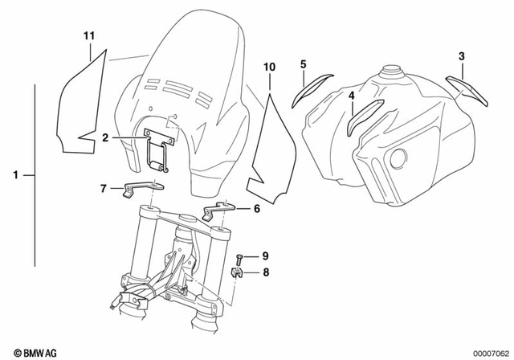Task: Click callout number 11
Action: pyautogui.click(x=89, y=35)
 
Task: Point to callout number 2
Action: pyautogui.click(x=105, y=138)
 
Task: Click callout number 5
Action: pyautogui.click(x=303, y=63)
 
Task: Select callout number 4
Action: pyautogui.click(x=352, y=96)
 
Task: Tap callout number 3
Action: pyautogui.click(x=461, y=55)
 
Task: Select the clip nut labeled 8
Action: pyautogui.click(x=239, y=272)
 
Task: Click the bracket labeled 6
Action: pyautogui.click(x=217, y=211)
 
